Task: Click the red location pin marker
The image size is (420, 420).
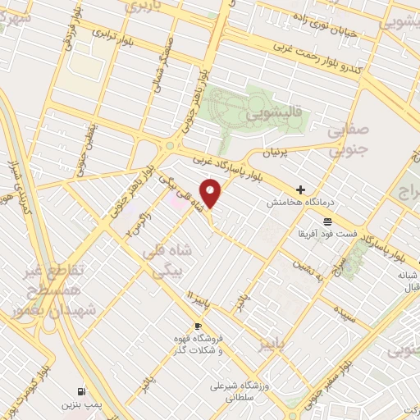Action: pyautogui.click(x=211, y=194)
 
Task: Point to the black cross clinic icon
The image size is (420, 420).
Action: pyautogui.click(x=301, y=189)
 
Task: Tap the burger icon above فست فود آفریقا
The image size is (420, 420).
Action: pyautogui.click(x=327, y=221)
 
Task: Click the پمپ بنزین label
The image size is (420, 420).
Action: pyautogui.click(x=80, y=405)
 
